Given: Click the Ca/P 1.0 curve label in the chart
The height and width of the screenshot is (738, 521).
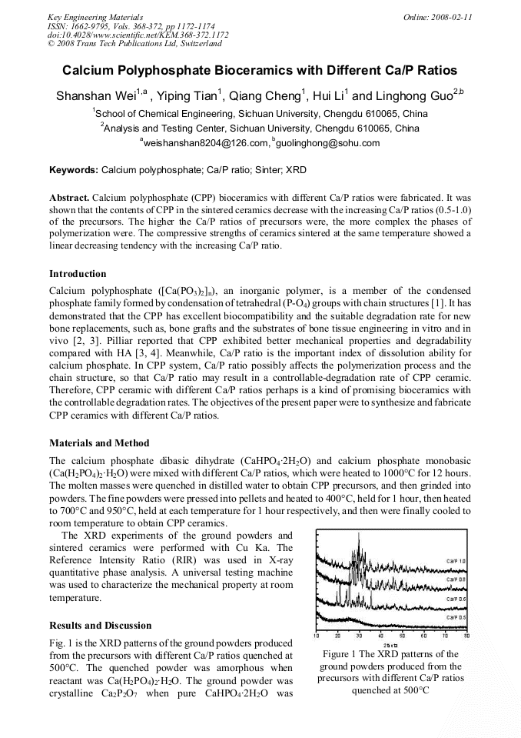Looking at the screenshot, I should (456, 561).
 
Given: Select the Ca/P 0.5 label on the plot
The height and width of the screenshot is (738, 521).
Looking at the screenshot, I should (456, 617).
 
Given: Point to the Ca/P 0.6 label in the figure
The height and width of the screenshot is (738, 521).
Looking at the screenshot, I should (456, 599).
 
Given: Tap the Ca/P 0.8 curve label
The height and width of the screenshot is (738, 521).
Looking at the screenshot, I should (456, 579).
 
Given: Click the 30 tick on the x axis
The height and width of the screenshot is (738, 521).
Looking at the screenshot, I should (359, 636).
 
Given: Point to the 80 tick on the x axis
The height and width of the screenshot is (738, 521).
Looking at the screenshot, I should (466, 636).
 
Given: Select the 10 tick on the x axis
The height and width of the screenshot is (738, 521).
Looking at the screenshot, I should (317, 636).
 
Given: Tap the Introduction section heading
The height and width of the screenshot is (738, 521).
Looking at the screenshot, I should (78, 274).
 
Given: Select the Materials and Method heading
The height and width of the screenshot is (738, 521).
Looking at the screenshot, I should (99, 443).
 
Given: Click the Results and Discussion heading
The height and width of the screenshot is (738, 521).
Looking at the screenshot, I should (100, 626).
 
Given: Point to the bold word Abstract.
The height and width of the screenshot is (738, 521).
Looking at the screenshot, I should (69, 197).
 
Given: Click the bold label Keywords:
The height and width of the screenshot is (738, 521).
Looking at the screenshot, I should (74, 169).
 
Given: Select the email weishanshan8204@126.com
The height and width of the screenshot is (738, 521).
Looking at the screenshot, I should (206, 143).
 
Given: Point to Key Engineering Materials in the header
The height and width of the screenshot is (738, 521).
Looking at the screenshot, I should (95, 17).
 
